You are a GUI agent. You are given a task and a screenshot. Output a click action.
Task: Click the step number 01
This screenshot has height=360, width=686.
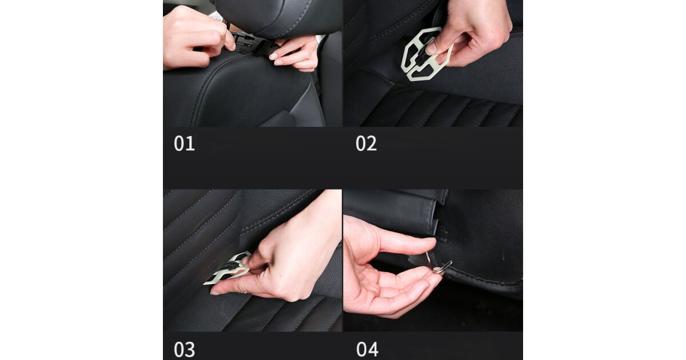[184, 143]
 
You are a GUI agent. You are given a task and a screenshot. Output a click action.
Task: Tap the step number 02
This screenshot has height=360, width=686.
[366, 143]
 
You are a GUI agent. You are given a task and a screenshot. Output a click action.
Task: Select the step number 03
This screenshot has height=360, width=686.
[184, 349]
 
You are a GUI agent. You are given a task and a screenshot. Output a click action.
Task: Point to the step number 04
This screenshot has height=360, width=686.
[367, 349]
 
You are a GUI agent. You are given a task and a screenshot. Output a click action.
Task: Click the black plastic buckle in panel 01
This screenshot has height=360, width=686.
[250, 44]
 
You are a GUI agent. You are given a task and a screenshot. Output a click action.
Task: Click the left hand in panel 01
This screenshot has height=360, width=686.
[196, 37]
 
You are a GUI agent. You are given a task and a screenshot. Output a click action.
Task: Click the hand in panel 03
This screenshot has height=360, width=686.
[282, 260]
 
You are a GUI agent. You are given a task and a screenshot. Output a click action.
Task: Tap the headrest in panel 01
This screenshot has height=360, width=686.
[279, 17]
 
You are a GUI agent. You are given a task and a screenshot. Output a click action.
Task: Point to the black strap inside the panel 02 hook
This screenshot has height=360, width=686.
[424, 56]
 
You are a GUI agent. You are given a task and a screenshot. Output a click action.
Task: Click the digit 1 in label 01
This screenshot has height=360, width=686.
[190, 143]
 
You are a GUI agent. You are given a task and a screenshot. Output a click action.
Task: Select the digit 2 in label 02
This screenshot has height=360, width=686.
[372, 143]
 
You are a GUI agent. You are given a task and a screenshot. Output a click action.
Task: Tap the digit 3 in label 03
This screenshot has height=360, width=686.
[190, 349]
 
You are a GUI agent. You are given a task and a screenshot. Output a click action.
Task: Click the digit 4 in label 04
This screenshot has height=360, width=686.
[373, 349]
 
